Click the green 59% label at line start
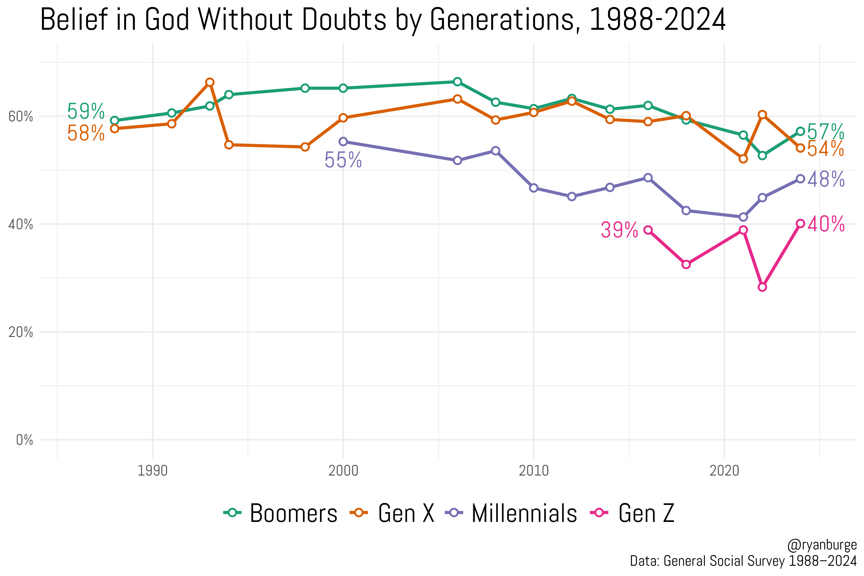point(85,111)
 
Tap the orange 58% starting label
point(85,133)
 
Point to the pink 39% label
point(619,230)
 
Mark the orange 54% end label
point(825,149)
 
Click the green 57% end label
point(825,132)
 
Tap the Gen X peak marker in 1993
point(210,82)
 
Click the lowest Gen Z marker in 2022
point(762,287)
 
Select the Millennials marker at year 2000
point(343,141)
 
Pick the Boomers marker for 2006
point(457,82)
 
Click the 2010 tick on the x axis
point(533,471)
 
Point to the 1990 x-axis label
point(152,471)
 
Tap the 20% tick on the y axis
point(20,332)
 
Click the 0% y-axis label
point(24,440)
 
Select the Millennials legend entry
point(511,513)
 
